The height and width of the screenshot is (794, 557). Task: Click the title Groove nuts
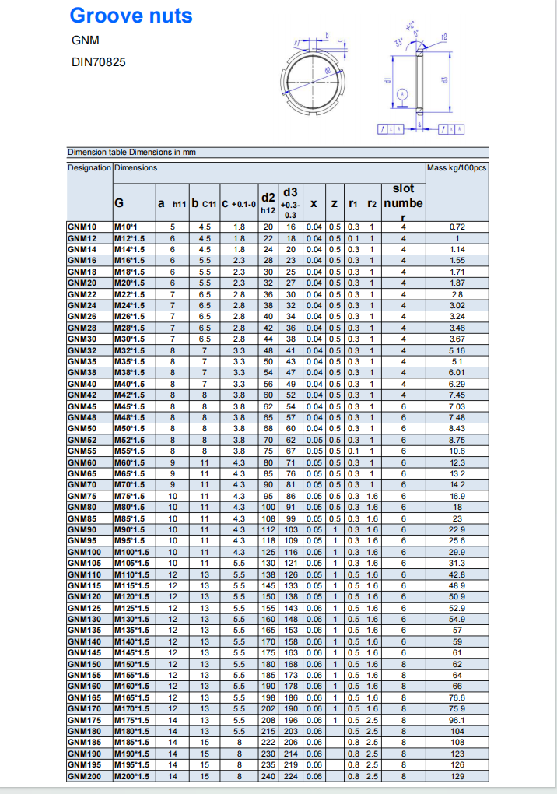131,16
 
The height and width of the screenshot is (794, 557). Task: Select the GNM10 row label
82,227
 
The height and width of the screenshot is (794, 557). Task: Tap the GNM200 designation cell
83,776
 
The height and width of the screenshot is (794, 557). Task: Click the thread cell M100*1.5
131,552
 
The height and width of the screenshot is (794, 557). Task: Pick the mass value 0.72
457,227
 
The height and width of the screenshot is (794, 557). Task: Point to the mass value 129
457,776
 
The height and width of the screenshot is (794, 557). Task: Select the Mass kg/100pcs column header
457,167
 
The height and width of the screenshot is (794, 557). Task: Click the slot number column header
403,202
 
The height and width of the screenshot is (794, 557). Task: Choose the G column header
120,202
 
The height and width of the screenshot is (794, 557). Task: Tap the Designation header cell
89,167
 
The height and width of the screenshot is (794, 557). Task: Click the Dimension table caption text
131,152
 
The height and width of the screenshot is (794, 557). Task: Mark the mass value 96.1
457,720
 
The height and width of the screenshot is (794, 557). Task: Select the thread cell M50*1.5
129,428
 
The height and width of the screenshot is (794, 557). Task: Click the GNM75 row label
82,496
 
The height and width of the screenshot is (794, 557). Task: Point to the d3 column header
290,202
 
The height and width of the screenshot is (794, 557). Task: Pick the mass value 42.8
457,574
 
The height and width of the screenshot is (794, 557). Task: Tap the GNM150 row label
83,664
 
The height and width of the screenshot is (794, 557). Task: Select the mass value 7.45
457,395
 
